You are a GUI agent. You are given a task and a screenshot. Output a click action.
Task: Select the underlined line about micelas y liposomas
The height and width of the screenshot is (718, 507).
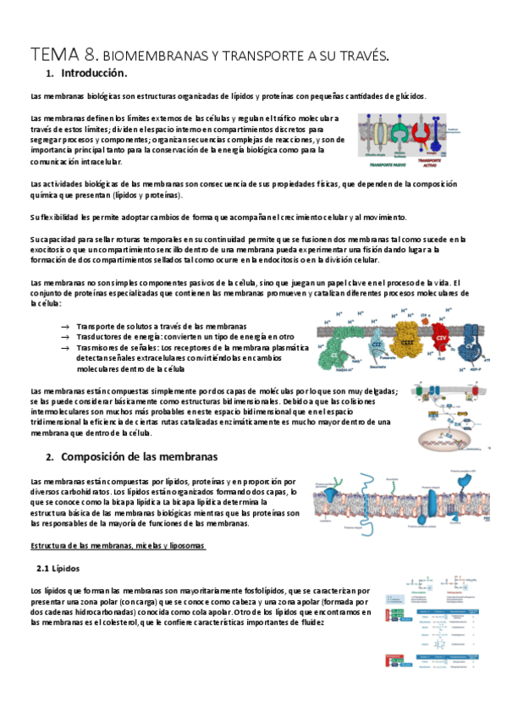[x=118, y=545]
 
